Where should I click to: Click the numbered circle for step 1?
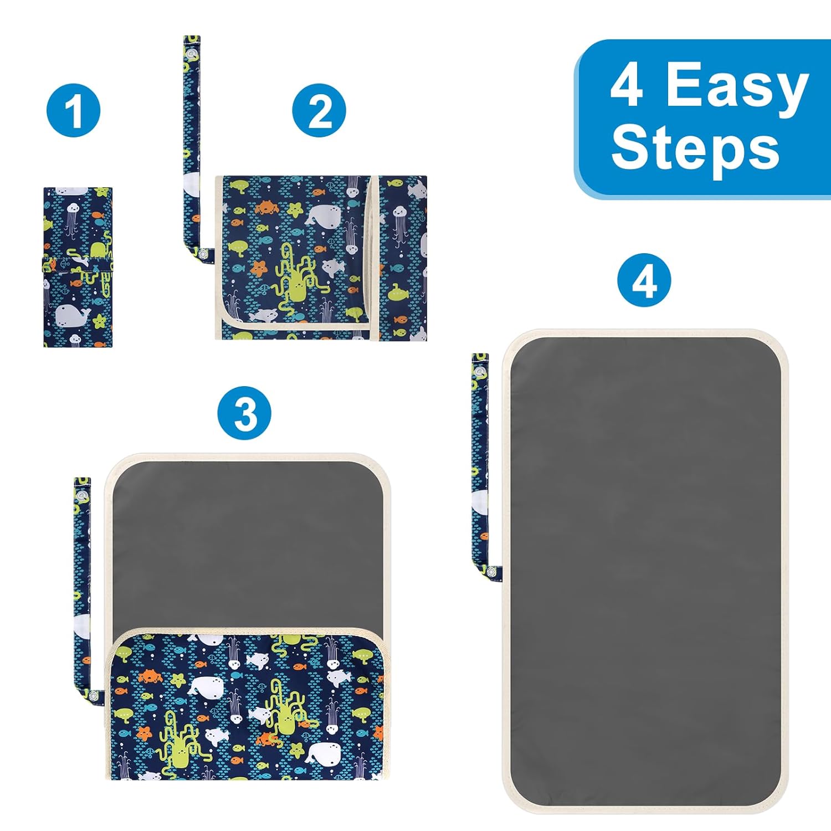[x=73, y=110]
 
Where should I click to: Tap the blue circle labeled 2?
[x=319, y=110]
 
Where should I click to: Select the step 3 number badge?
[x=244, y=413]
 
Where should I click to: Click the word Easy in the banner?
[x=737, y=85]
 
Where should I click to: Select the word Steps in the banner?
[x=696, y=148]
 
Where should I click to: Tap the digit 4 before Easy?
[x=627, y=84]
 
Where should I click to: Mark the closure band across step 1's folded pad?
[x=78, y=265]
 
